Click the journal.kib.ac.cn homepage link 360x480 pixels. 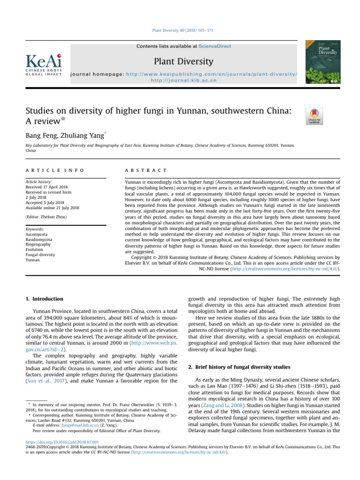pos(183,80)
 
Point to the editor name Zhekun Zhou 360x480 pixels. pos(55,217)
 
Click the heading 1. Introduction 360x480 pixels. pos(46,298)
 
